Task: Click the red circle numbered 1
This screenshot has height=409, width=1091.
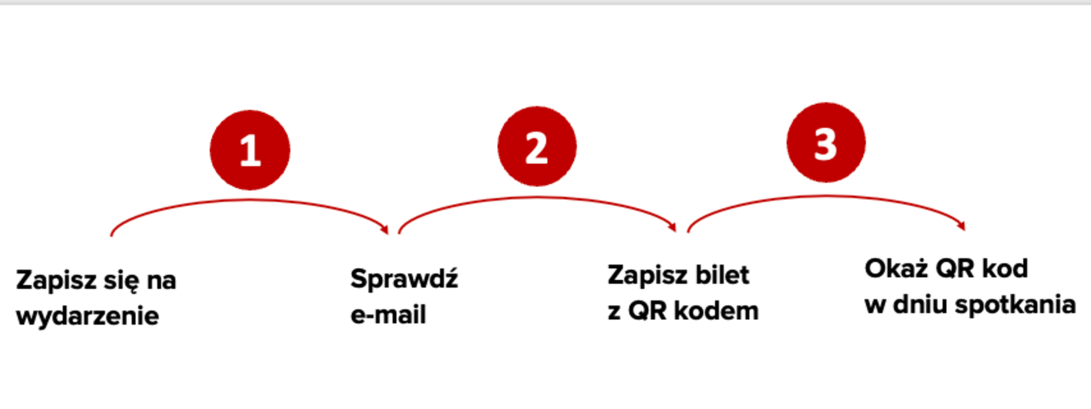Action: [x=250, y=150]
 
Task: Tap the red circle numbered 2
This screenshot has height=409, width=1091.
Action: [x=537, y=146]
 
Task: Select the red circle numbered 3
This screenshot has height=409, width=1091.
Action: [x=826, y=143]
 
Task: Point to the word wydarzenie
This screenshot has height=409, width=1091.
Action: [x=87, y=316]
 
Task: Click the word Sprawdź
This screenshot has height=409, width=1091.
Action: [x=404, y=279]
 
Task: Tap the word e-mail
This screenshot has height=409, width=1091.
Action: [x=388, y=315]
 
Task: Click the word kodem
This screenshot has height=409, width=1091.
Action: [x=716, y=311]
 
